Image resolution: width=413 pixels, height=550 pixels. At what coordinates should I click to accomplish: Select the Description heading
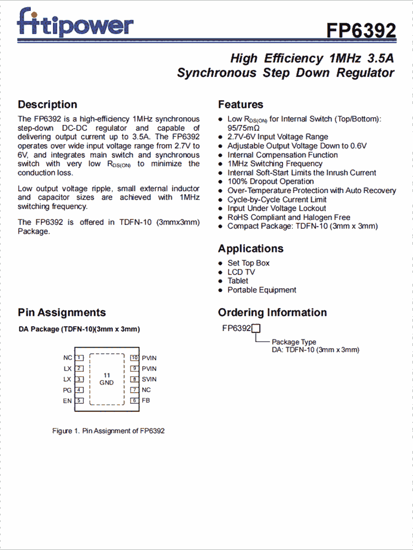coord(47,105)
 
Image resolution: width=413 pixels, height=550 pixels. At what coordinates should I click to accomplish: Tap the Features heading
coord(241,105)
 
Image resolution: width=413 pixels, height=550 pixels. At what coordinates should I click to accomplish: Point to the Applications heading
coord(251,249)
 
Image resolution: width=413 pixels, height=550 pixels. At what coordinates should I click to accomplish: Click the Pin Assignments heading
coord(62,312)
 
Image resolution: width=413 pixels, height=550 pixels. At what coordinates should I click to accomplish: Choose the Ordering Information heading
coord(272,312)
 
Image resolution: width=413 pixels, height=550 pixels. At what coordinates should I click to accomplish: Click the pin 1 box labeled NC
coord(79,358)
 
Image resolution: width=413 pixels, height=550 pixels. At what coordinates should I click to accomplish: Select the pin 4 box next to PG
coord(79,390)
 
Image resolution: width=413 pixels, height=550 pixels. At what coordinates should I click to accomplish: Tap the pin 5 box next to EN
coord(79,401)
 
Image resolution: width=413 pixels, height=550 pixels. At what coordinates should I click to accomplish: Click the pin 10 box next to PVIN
coord(134,358)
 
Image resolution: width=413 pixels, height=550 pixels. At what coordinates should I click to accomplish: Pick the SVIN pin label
coord(149,380)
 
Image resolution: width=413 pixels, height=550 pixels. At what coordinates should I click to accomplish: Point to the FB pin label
coord(146,401)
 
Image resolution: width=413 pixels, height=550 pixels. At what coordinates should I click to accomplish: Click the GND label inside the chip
coord(107,383)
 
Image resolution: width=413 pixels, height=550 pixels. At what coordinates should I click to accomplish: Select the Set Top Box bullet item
coord(248,263)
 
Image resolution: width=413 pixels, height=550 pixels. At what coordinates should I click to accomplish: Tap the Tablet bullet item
coord(238,281)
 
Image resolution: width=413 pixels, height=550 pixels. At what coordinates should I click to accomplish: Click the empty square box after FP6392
coord(256,329)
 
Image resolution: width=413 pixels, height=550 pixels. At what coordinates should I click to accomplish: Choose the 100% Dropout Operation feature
coord(270,182)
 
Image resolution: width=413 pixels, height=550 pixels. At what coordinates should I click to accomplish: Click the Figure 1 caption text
coord(108,431)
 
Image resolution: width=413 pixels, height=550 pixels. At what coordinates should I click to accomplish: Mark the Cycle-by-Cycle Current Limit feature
coord(277,200)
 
